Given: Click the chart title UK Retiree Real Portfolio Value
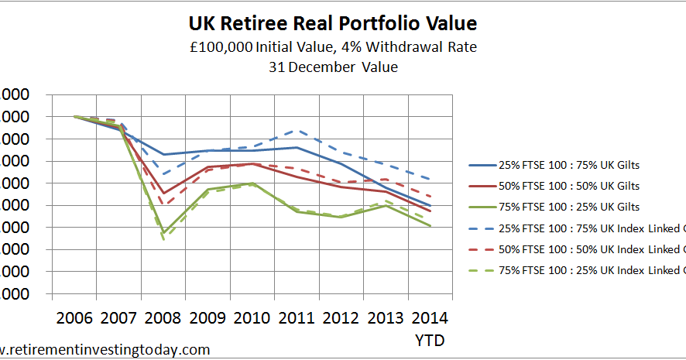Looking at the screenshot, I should [x=333, y=23].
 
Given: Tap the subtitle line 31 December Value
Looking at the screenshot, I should [x=333, y=67].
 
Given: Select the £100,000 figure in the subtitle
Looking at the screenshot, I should [x=221, y=47].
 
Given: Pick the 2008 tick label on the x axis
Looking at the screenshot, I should [x=163, y=317].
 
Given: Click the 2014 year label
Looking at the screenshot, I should [x=429, y=317].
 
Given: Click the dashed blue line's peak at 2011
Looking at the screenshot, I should [x=295, y=130].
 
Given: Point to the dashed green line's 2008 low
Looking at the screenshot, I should [x=163, y=240].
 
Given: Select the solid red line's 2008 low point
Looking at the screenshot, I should [x=163, y=194].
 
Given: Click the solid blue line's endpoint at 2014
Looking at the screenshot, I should [x=430, y=206].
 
